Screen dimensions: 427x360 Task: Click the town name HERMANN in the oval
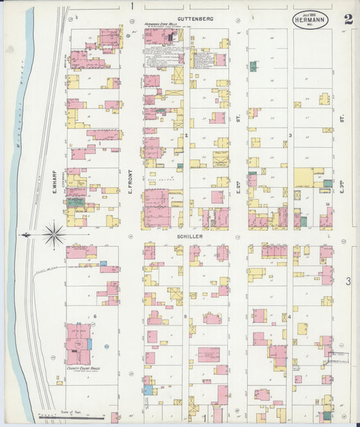pos(310,20)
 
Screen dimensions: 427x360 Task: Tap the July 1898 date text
pos(310,14)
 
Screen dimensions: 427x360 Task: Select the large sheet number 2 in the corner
pos(348,18)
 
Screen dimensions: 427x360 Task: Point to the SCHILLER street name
pos(190,237)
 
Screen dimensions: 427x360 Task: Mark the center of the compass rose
pos(53,235)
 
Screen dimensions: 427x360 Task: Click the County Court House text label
pos(78,369)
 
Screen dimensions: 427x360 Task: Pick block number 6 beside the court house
pos(95,316)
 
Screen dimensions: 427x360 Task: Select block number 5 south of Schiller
pos(185,316)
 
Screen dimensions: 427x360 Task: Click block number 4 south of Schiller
pos(290,316)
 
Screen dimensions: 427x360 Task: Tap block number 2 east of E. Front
pos(186,136)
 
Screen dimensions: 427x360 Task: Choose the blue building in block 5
pos(148,390)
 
